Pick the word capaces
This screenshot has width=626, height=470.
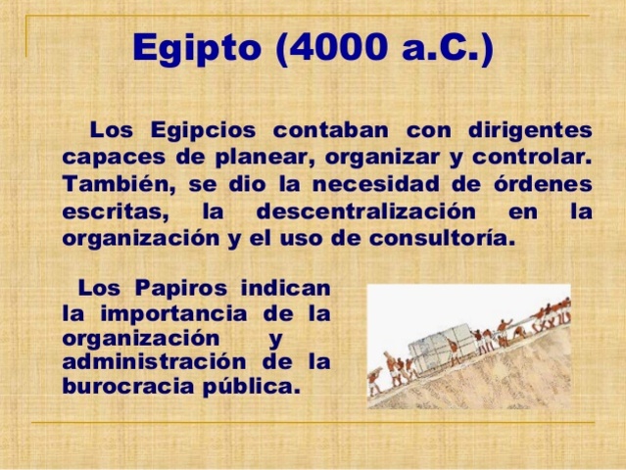coord(109,157)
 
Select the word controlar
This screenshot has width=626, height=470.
coord(526,157)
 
